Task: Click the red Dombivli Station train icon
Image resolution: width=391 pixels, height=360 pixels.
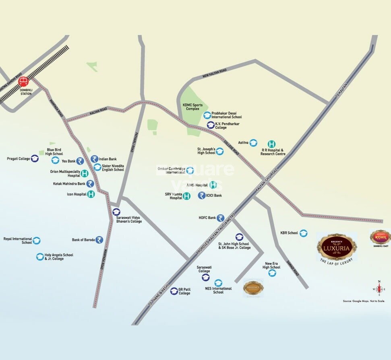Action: tap(23, 81)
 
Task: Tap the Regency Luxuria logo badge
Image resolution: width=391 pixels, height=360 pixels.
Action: tap(337, 247)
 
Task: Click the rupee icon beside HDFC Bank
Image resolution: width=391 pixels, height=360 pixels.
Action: tap(220, 218)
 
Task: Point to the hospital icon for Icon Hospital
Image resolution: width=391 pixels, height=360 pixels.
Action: tap(91, 194)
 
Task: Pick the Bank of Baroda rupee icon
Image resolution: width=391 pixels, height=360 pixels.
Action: tap(99, 240)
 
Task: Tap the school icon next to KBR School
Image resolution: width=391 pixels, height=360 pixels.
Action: tap(303, 233)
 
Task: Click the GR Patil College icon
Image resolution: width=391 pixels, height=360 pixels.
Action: tap(174, 291)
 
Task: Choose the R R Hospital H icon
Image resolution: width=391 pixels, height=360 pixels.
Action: tap(272, 144)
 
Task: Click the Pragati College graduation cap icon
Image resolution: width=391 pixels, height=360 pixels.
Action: tap(35, 158)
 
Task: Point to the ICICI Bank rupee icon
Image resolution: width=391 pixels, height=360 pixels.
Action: tap(201, 195)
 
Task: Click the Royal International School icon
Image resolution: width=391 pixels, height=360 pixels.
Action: tap(37, 241)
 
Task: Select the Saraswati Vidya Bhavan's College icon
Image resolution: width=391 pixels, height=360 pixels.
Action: tap(116, 212)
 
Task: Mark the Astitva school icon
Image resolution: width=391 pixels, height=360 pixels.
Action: tap(253, 143)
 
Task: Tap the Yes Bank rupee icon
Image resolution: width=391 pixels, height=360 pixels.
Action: tap(80, 161)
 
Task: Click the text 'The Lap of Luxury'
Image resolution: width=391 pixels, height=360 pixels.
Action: tap(337, 261)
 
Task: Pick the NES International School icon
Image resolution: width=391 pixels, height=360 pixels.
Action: tap(218, 283)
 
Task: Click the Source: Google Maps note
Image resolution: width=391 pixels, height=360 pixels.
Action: tap(364, 301)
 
